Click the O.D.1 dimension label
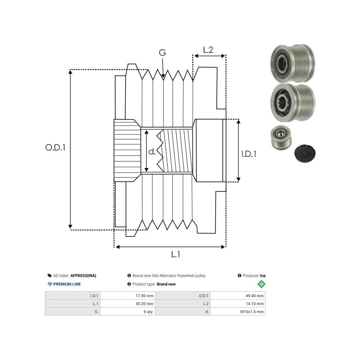click(55, 147)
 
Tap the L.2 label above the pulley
click(208, 50)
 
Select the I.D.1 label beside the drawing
click(249, 153)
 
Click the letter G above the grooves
click(162, 53)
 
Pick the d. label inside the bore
click(152, 152)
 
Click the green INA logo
click(261, 284)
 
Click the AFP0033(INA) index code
click(83, 276)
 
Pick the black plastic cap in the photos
click(305, 153)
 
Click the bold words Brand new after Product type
click(166, 284)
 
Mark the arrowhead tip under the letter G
click(163, 77)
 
